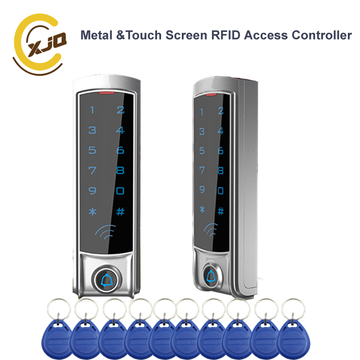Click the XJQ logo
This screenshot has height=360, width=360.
(x=40, y=42)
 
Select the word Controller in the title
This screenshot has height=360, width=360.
(x=320, y=36)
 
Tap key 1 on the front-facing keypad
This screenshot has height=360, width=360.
(x=92, y=110)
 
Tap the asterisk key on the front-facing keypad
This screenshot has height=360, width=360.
(x=92, y=212)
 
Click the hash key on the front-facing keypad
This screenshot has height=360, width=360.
(x=120, y=212)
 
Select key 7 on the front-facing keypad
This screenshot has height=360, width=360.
(x=92, y=171)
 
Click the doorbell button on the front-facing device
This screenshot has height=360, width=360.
(x=107, y=280)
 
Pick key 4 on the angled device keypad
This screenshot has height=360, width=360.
(x=220, y=131)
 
